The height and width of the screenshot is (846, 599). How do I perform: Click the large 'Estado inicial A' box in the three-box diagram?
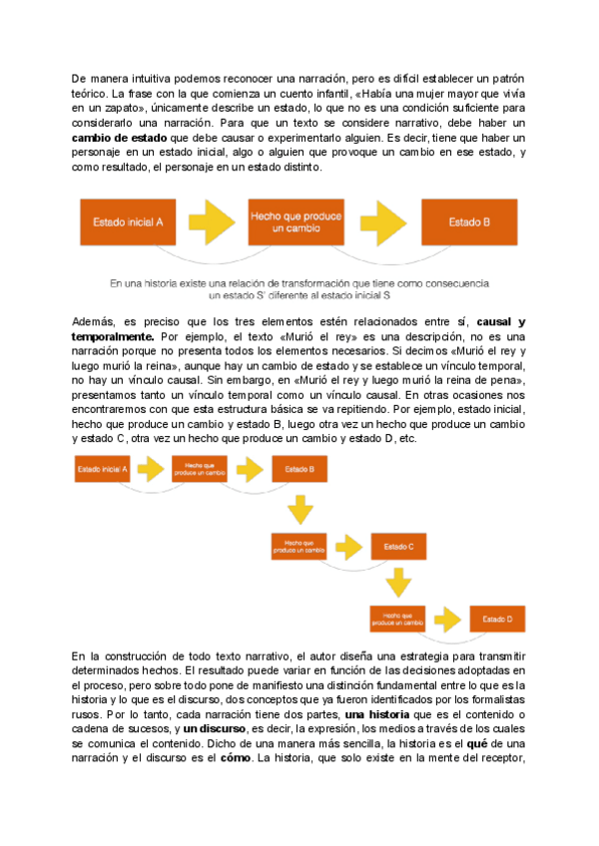pyautogui.click(x=129, y=222)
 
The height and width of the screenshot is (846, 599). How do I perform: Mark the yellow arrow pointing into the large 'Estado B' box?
pyautogui.click(x=383, y=222)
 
